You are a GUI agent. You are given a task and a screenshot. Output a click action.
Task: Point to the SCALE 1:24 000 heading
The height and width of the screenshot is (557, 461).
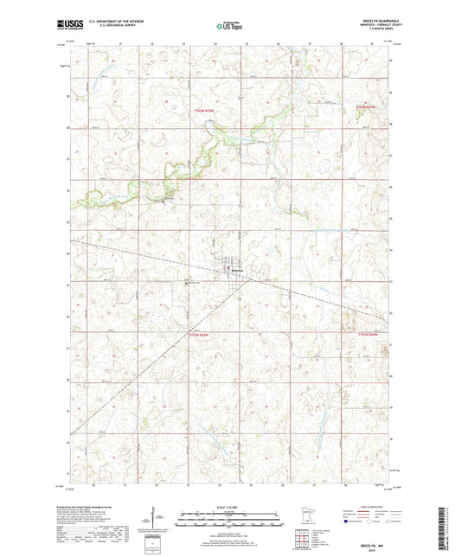tap(229, 506)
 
